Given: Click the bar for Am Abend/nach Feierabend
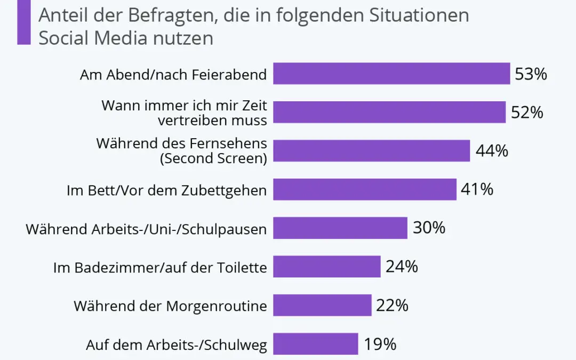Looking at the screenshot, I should tap(391, 74).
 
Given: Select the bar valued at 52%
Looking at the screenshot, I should tap(389, 112).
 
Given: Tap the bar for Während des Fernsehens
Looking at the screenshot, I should tap(371, 151).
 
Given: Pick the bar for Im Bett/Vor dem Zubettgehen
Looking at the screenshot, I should tap(365, 189).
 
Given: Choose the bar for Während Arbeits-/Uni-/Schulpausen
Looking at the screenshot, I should tap(340, 228).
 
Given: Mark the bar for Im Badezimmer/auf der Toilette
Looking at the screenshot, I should tap(327, 267).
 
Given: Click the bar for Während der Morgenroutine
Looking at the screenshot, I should tap(322, 305).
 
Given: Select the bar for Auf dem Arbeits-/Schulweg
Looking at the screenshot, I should tap(316, 344).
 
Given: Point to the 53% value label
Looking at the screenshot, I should tap(531, 74).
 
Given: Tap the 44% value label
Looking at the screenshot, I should tap(492, 151).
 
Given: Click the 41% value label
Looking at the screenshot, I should tap(477, 189).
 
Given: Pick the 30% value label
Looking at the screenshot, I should tap(429, 228).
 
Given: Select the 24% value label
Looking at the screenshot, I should tap(402, 267).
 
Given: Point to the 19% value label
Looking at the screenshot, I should tap(380, 344).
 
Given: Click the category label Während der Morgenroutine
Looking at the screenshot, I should tap(170, 306).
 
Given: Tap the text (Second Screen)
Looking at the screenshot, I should tap(213, 158).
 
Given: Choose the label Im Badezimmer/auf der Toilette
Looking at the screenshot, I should tap(160, 267).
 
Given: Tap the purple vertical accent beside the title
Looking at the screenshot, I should tap(23, 22).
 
